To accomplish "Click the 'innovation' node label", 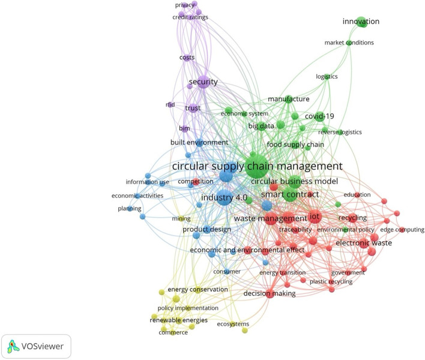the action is [x=361, y=22].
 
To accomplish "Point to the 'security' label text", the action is [x=203, y=82].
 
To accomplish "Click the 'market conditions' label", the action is [x=349, y=43].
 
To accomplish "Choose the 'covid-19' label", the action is [x=319, y=116].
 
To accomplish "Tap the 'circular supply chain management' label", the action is [x=257, y=166].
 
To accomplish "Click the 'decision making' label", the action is [x=270, y=293].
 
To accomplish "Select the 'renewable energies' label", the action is [x=178, y=320].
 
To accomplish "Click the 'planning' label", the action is [x=130, y=209].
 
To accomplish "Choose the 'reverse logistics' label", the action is [x=340, y=132].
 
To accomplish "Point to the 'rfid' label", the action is [x=170, y=104].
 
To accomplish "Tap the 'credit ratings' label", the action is [x=190, y=17].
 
